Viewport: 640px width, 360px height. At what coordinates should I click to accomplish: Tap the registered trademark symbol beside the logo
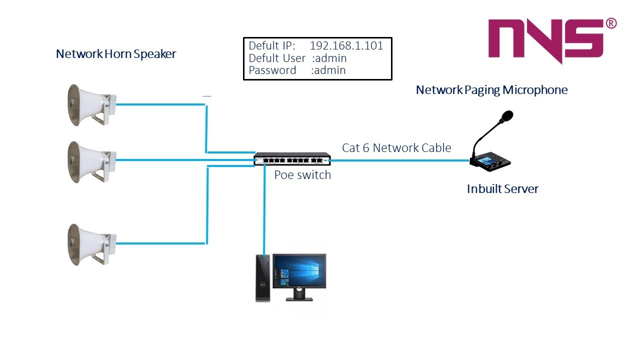coord(611,23)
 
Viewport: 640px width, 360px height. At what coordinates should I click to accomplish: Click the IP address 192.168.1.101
coord(346,46)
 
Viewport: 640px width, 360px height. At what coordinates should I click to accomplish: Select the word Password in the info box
coord(272,70)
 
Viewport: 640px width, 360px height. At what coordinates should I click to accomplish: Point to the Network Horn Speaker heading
coord(116,54)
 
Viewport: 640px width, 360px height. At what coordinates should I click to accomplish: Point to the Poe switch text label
coord(302,175)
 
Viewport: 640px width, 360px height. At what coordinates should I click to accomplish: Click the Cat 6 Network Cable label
coord(396,148)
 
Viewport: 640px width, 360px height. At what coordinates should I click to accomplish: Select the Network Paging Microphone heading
coord(491,90)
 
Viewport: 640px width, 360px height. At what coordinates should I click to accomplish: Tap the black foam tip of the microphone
coord(506,117)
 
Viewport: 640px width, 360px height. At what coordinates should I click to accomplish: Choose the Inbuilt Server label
coord(502,189)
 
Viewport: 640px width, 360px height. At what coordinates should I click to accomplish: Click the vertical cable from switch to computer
coord(264,210)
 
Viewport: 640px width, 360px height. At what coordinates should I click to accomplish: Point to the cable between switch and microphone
coord(400,160)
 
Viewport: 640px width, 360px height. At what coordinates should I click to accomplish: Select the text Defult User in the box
coord(277,58)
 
